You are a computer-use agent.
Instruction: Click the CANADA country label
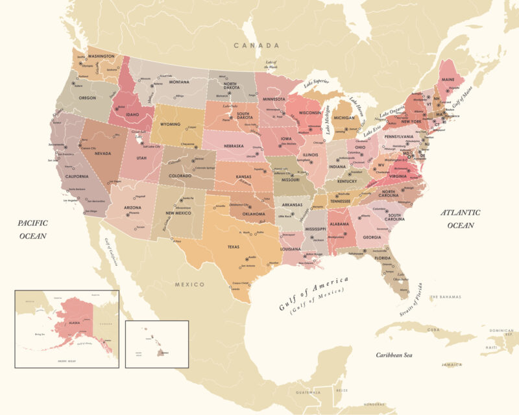257,45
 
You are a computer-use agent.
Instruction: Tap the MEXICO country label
189,284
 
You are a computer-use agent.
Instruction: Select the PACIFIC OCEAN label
32,230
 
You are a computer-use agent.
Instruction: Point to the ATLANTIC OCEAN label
460,219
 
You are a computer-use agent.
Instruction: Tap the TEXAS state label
233,247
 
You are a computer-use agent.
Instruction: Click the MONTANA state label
179,82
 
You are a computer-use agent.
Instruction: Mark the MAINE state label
448,80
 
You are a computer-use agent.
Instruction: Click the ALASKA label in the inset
75,322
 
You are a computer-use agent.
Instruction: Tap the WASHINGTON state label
101,56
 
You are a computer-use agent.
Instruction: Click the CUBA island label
434,329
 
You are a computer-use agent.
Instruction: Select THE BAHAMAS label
444,297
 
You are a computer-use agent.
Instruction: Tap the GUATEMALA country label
308,393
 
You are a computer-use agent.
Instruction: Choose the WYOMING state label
170,124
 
